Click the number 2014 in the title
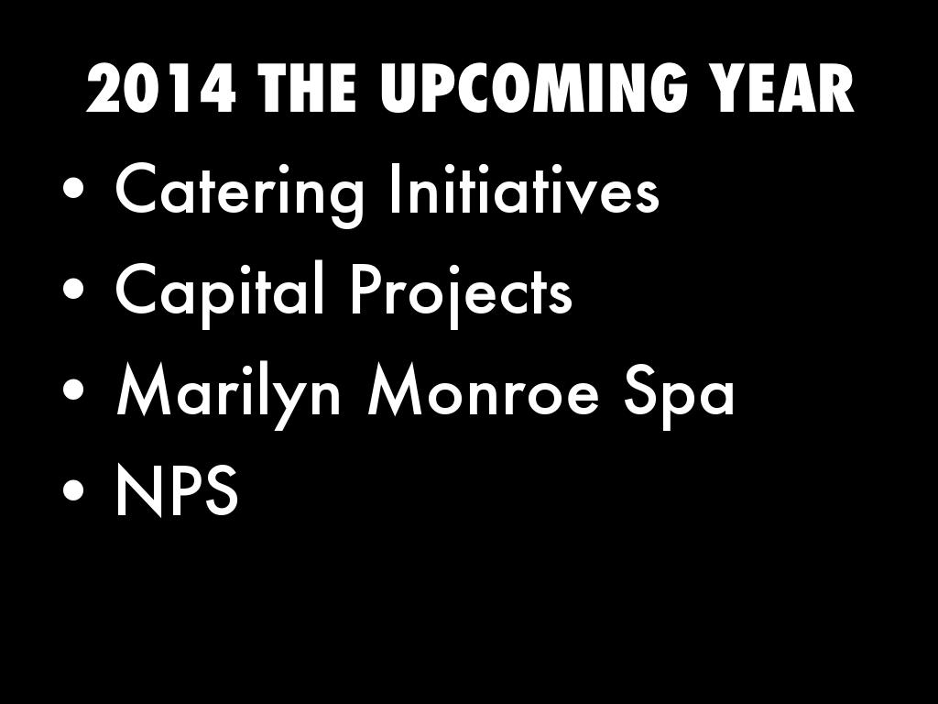click(x=160, y=88)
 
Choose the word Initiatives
click(x=524, y=189)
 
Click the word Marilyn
click(x=228, y=393)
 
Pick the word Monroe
click(x=483, y=390)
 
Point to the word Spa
click(x=679, y=395)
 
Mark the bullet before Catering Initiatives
click(x=73, y=191)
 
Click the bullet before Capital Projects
click(x=73, y=290)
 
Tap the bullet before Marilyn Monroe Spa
click(x=73, y=390)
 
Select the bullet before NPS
click(x=73, y=491)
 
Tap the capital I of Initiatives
click(x=393, y=188)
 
